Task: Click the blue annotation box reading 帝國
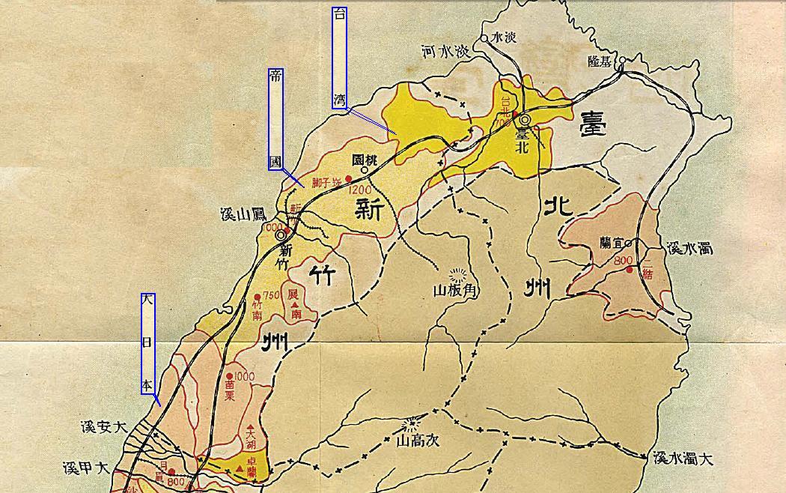point(275,120)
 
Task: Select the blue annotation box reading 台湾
point(340,58)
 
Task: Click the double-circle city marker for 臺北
point(525,120)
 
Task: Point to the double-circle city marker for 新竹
point(281,235)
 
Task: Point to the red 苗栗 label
point(230,390)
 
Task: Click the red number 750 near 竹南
point(271,295)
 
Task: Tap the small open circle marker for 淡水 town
point(484,37)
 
